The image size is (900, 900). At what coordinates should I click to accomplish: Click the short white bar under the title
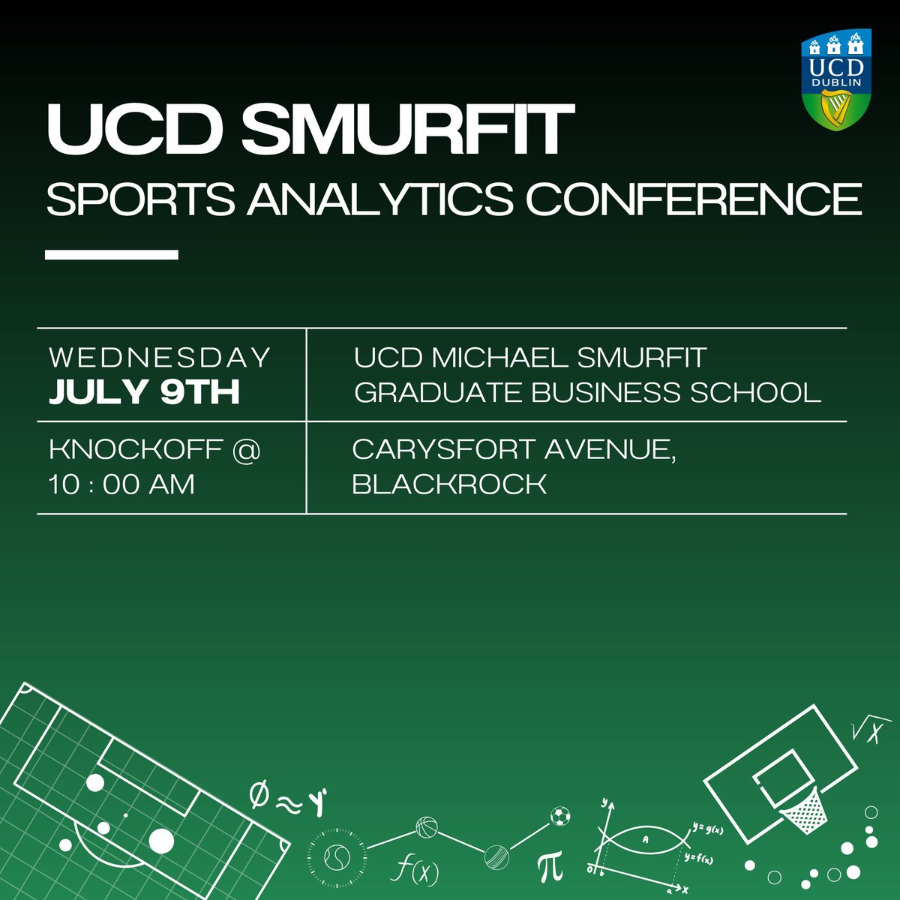[x=111, y=255]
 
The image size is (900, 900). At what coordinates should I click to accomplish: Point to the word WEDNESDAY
[x=159, y=358]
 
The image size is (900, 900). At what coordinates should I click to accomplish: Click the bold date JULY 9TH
[x=144, y=392]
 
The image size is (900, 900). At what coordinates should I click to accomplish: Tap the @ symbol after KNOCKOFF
[x=246, y=450]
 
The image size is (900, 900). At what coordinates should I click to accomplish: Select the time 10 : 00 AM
[x=121, y=484]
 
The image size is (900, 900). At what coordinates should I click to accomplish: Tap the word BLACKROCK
[x=449, y=484]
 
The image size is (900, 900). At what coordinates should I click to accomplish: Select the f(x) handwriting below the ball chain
[x=415, y=870]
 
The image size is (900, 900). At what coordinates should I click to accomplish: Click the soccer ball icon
[x=559, y=815]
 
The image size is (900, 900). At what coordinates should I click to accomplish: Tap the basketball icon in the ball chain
[x=426, y=828]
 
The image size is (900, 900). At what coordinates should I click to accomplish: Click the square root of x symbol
[x=865, y=733]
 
